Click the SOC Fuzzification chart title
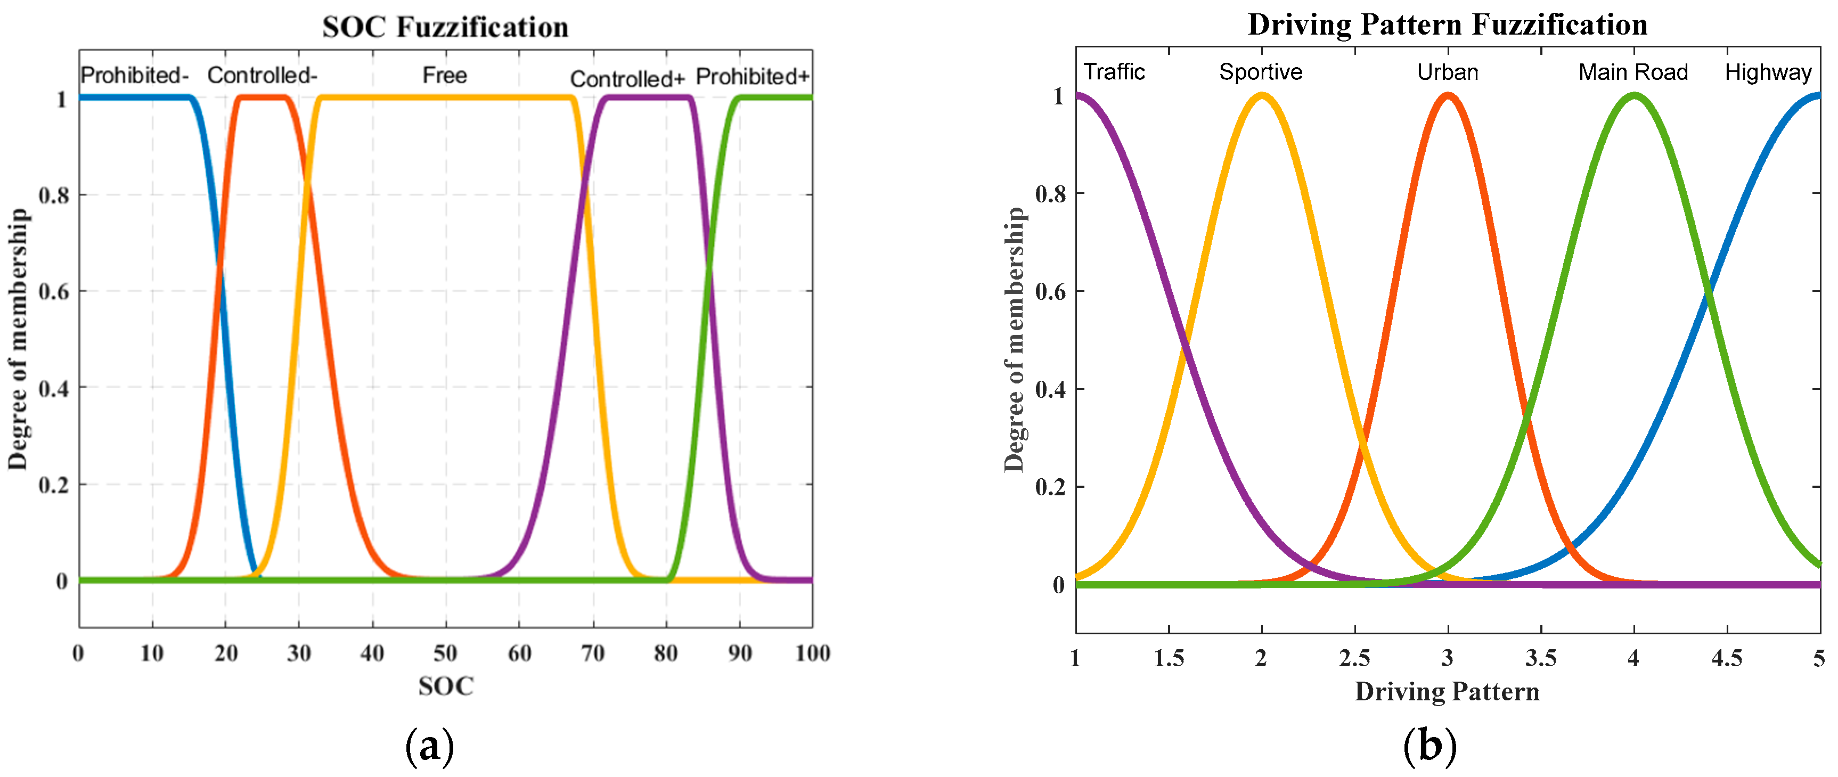point(445,27)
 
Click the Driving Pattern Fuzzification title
point(1447,25)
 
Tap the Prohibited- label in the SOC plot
point(134,75)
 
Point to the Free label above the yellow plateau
point(445,75)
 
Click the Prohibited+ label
point(753,76)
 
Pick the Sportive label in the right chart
point(1260,72)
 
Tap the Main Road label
point(1632,72)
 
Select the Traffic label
point(1114,72)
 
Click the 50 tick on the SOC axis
point(445,653)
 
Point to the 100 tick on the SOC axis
point(812,653)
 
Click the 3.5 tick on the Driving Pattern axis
point(1540,658)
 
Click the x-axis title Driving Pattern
point(1447,691)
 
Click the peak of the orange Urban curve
point(1448,96)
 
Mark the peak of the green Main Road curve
point(1634,96)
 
